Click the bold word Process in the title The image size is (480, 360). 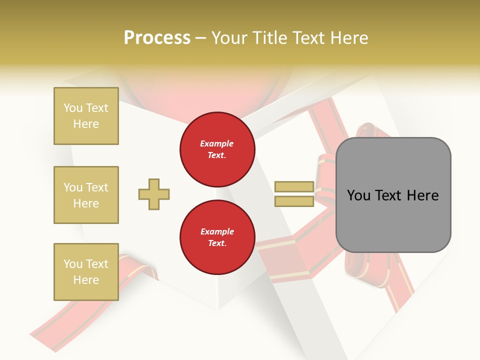[x=157, y=38]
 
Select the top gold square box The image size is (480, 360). [x=86, y=116]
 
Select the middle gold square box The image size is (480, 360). [x=86, y=195]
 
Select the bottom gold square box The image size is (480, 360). [x=86, y=272]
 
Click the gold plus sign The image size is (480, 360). [x=154, y=194]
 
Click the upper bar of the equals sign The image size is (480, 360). [x=294, y=187]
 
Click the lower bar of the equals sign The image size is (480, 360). [x=294, y=201]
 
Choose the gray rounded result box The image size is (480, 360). [x=393, y=195]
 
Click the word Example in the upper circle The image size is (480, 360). [x=216, y=143]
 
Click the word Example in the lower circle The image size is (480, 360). [x=217, y=231]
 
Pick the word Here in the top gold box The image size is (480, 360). [x=86, y=124]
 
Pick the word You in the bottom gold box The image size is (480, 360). [x=73, y=264]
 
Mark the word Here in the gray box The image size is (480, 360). [x=423, y=195]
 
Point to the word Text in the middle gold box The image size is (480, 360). [x=97, y=187]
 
